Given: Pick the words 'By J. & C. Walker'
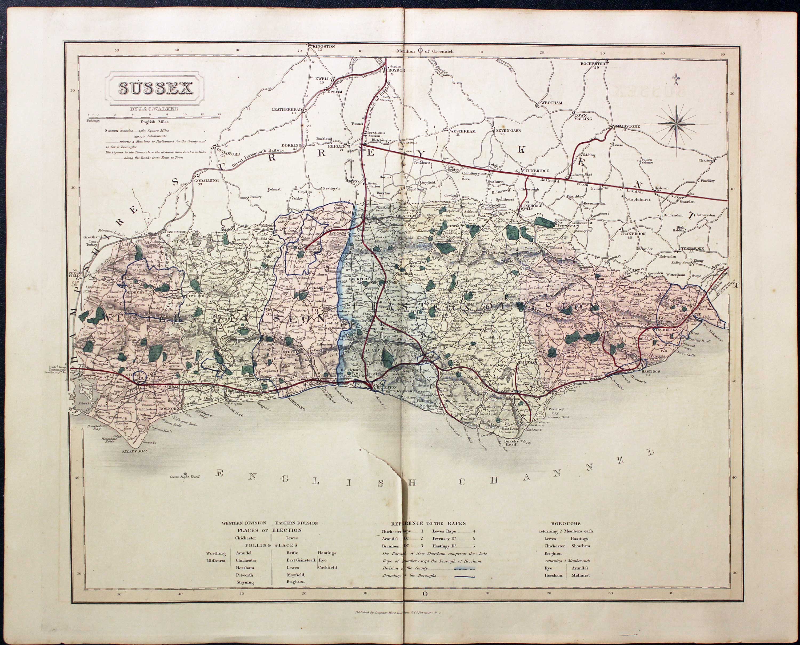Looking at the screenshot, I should point(154,109).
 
